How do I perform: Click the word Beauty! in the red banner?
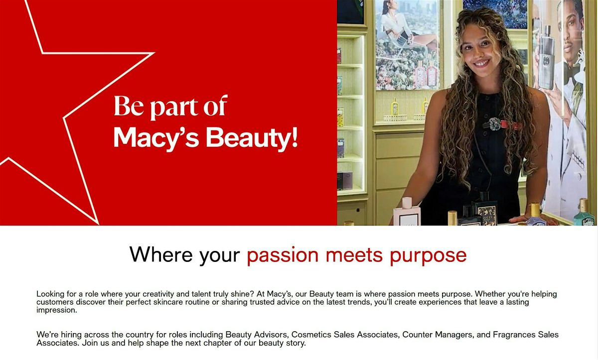[x=252, y=138]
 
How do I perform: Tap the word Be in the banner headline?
[x=129, y=106]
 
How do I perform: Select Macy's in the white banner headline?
[x=156, y=138]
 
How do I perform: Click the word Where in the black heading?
[x=161, y=254]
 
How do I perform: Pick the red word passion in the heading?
[x=283, y=256]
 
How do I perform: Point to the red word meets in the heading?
[x=354, y=255]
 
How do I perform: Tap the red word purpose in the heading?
[x=428, y=256]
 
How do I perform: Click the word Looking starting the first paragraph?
[x=50, y=294]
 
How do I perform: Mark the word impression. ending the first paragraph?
[x=57, y=310]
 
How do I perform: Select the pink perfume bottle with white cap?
[x=407, y=213]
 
